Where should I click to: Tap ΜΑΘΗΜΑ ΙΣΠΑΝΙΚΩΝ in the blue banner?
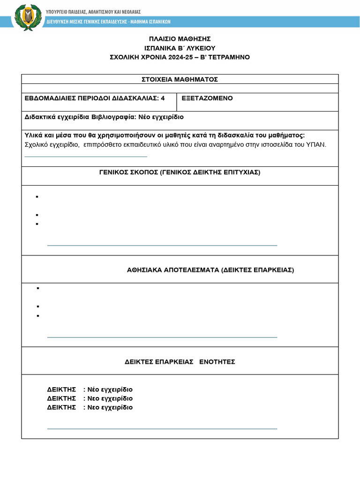point(150,22)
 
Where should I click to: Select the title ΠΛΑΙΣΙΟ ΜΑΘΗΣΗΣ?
point(180,38)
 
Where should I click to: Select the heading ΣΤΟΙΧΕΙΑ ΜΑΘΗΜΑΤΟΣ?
point(180,79)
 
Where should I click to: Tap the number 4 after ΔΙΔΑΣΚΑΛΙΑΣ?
point(163,98)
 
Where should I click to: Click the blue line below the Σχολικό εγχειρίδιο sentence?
point(86,157)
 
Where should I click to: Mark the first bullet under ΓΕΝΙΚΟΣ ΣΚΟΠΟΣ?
point(37,197)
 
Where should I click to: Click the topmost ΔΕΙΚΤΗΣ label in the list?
point(61,390)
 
